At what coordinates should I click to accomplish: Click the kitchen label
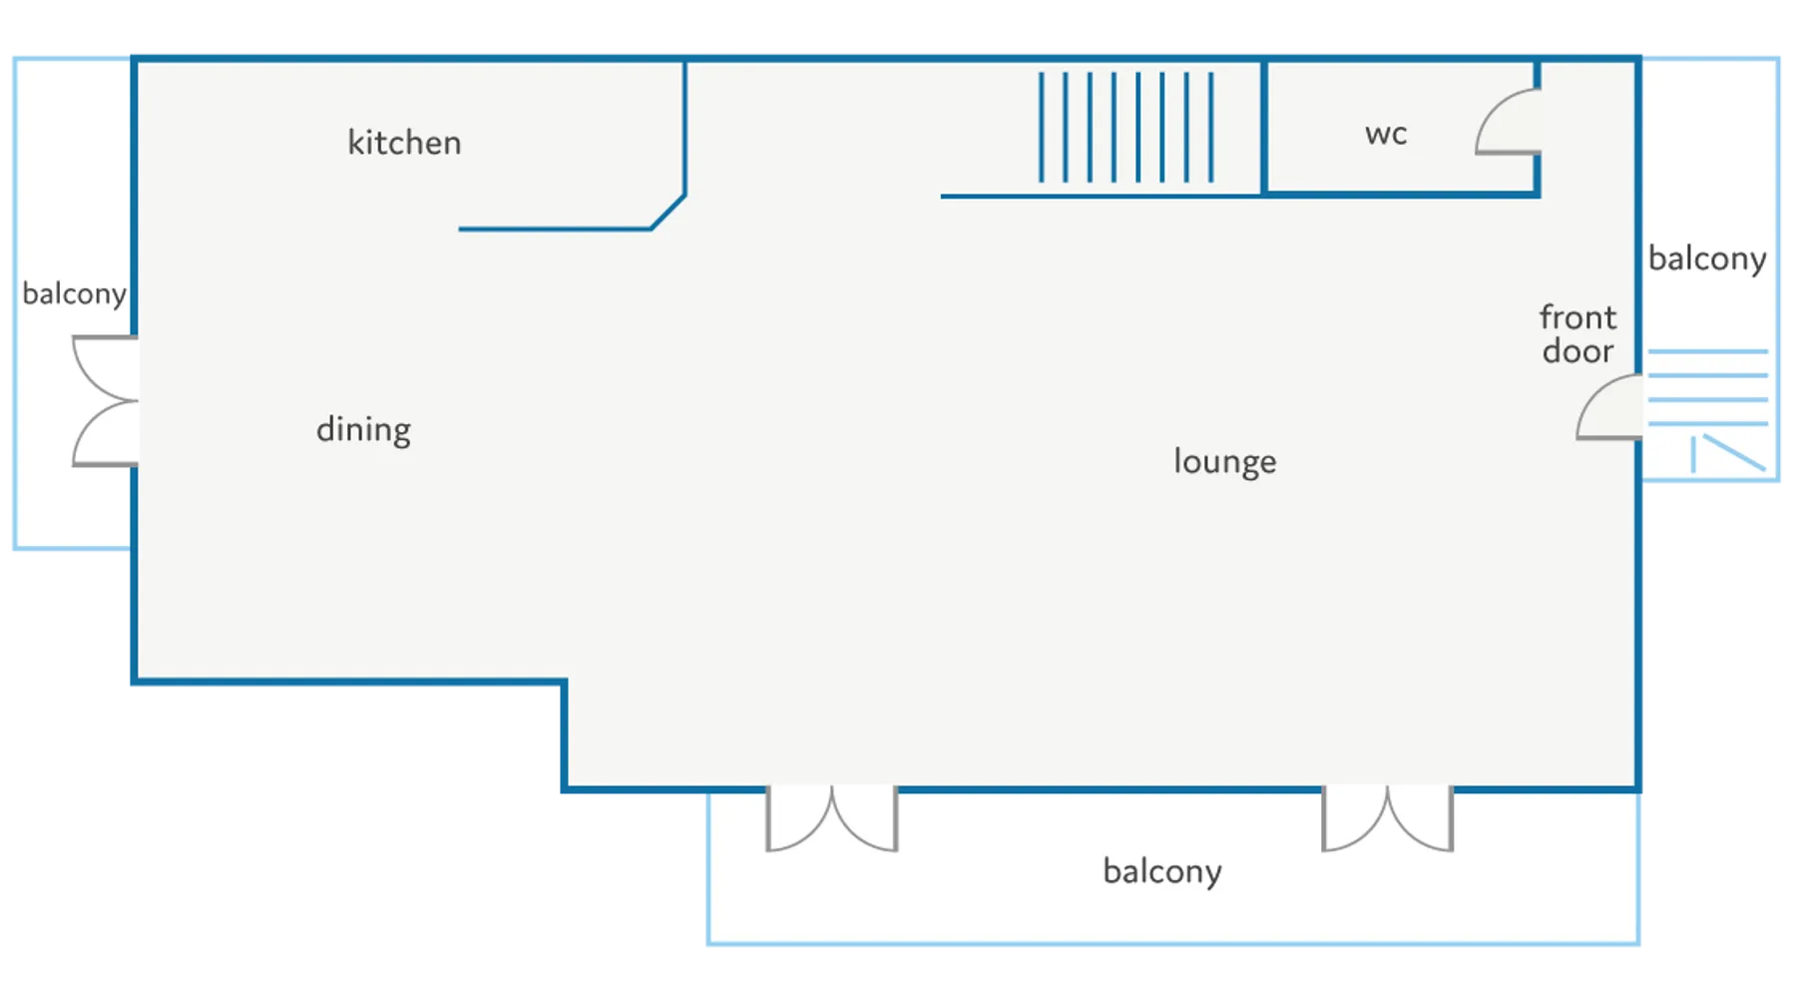(404, 143)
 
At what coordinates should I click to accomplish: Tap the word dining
(363, 429)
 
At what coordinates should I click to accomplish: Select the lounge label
(1224, 461)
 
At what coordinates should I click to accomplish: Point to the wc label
(1386, 134)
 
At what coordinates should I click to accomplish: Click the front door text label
(1577, 334)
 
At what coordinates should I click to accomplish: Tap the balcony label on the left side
(74, 293)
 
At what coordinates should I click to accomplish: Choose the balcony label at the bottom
(1161, 871)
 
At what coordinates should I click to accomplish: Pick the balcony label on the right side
(1706, 258)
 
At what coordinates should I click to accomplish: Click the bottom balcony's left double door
(831, 818)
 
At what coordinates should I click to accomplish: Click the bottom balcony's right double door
(1387, 818)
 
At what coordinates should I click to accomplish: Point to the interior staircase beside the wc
(1125, 128)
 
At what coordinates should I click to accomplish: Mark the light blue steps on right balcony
(1706, 387)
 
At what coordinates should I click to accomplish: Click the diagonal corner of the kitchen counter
(669, 212)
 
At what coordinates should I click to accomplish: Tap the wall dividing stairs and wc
(1263, 128)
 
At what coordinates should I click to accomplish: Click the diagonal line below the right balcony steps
(1734, 452)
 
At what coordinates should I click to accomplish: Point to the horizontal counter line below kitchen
(554, 230)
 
